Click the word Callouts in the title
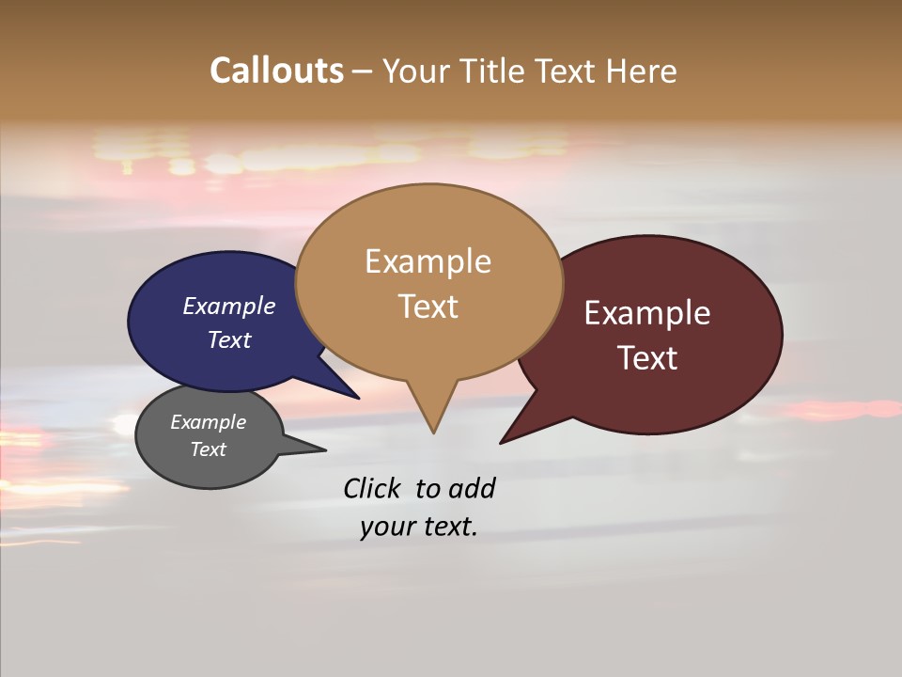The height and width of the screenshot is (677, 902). point(276,71)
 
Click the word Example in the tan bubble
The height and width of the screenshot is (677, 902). point(428,261)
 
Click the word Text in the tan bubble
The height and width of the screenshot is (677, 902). point(428,307)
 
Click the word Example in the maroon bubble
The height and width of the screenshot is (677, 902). point(647,313)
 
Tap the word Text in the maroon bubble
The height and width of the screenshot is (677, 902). point(647,358)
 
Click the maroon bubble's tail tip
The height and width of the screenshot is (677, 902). point(502,442)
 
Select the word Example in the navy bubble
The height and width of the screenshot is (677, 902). point(228,307)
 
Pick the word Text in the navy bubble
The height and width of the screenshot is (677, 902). point(229,340)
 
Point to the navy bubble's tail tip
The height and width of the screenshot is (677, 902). point(358,398)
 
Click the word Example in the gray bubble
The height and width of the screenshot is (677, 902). point(208,423)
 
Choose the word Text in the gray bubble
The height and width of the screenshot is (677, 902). point(209,449)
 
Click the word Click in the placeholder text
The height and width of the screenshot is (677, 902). point(374,488)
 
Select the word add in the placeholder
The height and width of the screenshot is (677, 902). point(472,488)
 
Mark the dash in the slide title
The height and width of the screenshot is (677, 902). point(363,71)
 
